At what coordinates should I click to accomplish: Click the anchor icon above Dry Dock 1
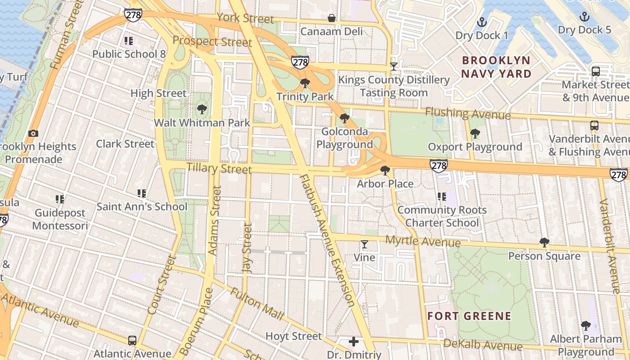(x=482, y=22)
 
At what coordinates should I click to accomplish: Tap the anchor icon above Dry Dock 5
(x=584, y=17)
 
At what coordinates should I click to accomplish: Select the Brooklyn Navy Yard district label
(x=496, y=67)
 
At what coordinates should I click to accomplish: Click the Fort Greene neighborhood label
(x=469, y=316)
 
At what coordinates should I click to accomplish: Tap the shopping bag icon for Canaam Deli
(x=332, y=18)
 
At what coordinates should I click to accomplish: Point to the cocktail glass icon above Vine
(x=364, y=244)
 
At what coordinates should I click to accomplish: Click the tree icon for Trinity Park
(x=305, y=83)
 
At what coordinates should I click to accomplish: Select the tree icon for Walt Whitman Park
(x=202, y=109)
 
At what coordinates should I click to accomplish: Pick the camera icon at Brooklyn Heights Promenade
(x=33, y=133)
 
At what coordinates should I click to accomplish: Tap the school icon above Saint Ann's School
(x=142, y=193)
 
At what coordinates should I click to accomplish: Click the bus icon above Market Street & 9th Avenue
(x=595, y=71)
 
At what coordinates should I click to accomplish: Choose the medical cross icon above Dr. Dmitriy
(x=354, y=342)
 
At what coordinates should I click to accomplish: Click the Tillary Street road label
(x=219, y=169)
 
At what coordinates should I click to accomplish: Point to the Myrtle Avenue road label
(x=423, y=242)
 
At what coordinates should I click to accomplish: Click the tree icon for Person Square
(x=544, y=243)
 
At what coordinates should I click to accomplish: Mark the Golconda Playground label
(x=345, y=138)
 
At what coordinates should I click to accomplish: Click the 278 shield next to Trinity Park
(x=300, y=62)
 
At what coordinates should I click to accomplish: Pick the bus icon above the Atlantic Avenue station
(x=132, y=340)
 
